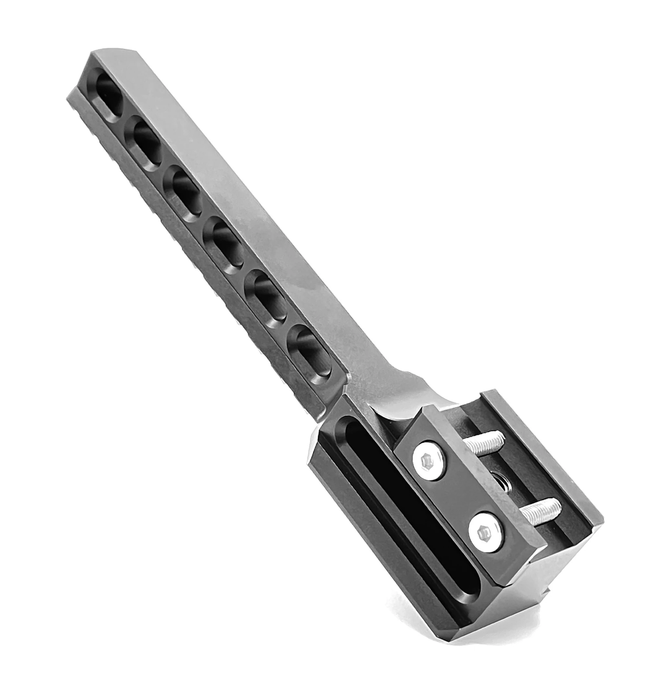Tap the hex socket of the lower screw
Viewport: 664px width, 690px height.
point(484,533)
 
